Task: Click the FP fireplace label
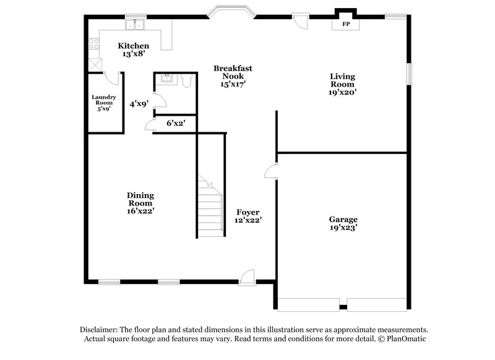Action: click(x=345, y=25)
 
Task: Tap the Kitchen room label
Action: click(x=134, y=46)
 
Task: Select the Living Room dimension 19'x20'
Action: click(x=342, y=92)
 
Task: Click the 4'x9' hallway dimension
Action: click(x=138, y=105)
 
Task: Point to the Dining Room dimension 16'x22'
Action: click(x=140, y=211)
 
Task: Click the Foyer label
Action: click(x=247, y=212)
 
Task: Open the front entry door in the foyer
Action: click(x=247, y=276)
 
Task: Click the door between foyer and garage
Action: click(x=270, y=171)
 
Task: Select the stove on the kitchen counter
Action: click(x=94, y=44)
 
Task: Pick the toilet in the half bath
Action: click(x=186, y=79)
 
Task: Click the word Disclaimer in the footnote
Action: click(x=100, y=330)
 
